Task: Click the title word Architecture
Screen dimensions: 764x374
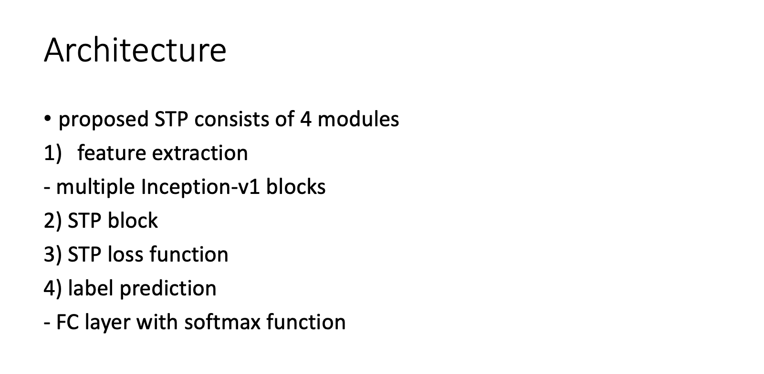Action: tap(135, 50)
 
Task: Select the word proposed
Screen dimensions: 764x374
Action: tap(104, 120)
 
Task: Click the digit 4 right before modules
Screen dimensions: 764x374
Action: tap(306, 119)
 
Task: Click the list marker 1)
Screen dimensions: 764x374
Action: tap(53, 153)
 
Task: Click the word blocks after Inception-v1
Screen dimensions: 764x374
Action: tap(295, 187)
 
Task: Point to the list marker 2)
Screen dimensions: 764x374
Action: tap(53, 221)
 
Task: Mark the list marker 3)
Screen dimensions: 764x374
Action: tap(53, 254)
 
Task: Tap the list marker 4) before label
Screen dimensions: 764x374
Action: tap(53, 288)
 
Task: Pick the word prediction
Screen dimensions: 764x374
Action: tap(168, 289)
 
